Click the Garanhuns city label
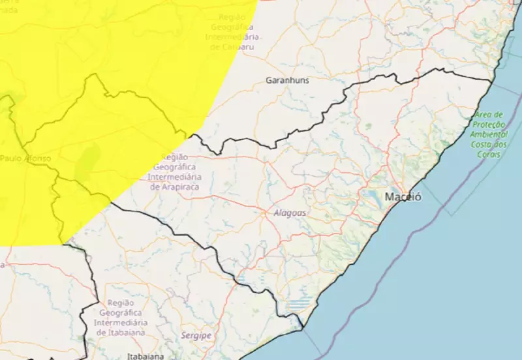(x=287, y=80)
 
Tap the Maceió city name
(x=403, y=196)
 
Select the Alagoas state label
(x=290, y=213)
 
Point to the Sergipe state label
(x=197, y=335)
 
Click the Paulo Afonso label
(x=25, y=158)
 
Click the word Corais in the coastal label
(x=489, y=154)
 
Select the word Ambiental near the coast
(x=490, y=134)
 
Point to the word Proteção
(x=489, y=125)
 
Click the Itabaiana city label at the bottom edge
(x=146, y=357)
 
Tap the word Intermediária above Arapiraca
(x=174, y=177)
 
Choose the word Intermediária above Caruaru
(x=232, y=37)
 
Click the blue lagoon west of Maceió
(x=373, y=196)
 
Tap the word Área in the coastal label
(x=484, y=115)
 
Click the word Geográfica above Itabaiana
(x=120, y=313)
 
